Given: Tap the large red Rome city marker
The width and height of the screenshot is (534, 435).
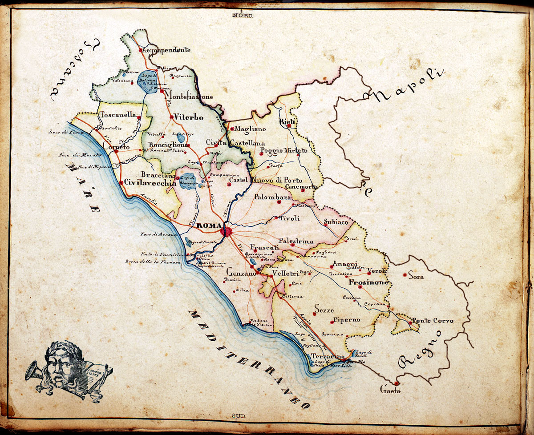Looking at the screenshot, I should pyautogui.click(x=227, y=232).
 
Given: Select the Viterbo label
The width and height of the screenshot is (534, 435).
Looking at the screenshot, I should pyautogui.click(x=189, y=118).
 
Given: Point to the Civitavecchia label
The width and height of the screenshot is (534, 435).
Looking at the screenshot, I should pyautogui.click(x=147, y=182).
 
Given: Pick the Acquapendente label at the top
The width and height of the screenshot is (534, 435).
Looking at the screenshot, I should pyautogui.click(x=167, y=50).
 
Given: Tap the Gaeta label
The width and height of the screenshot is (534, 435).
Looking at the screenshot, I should pyautogui.click(x=390, y=391).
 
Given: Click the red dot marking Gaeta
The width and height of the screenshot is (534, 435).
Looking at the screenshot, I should pyautogui.click(x=396, y=383).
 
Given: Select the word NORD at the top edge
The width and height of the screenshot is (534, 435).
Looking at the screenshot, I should pyautogui.click(x=243, y=16).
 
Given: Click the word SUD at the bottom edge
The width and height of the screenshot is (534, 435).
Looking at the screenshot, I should pyautogui.click(x=239, y=416).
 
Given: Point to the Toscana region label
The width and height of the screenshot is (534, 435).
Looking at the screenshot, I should pyautogui.click(x=73, y=67).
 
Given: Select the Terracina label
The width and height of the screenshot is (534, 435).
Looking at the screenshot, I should pyautogui.click(x=328, y=357).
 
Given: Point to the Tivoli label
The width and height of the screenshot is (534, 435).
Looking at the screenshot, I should pyautogui.click(x=290, y=218).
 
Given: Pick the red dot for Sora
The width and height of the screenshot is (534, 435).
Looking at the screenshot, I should pyautogui.click(x=405, y=276).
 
